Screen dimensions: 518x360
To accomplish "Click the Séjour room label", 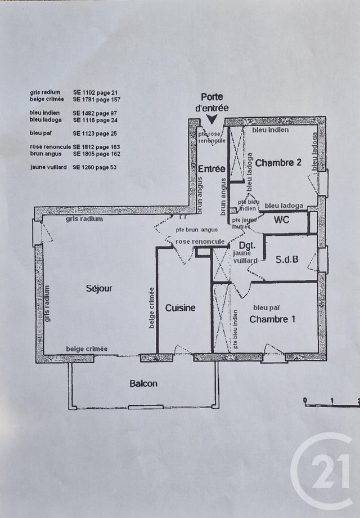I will click(100, 288).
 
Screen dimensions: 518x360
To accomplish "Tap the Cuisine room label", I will click(180, 308).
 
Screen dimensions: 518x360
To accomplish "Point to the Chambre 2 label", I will click(278, 163).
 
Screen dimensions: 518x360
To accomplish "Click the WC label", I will click(281, 220).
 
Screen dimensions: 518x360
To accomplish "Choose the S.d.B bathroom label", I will click(287, 260).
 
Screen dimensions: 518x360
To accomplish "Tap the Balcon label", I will click(143, 384).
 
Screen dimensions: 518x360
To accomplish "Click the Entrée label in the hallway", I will click(211, 169).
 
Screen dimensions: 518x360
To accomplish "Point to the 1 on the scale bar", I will click(332, 401).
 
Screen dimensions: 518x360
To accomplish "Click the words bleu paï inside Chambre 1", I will click(267, 307).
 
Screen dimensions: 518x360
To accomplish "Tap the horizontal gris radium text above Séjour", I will click(84, 219).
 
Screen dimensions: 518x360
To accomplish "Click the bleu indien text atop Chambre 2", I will click(271, 131).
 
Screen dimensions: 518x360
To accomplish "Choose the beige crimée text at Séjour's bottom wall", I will click(87, 349).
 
